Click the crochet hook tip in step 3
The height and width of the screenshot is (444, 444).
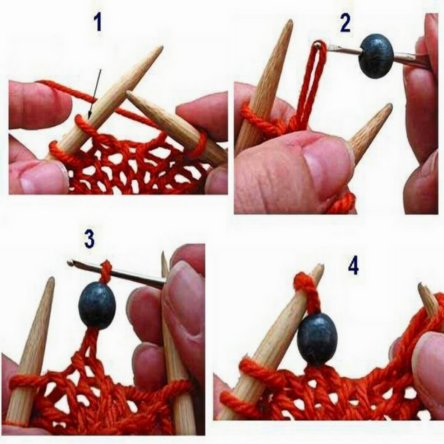pyautogui.click(x=69, y=262)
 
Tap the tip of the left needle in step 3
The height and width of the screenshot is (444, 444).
pyautogui.click(x=52, y=278)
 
